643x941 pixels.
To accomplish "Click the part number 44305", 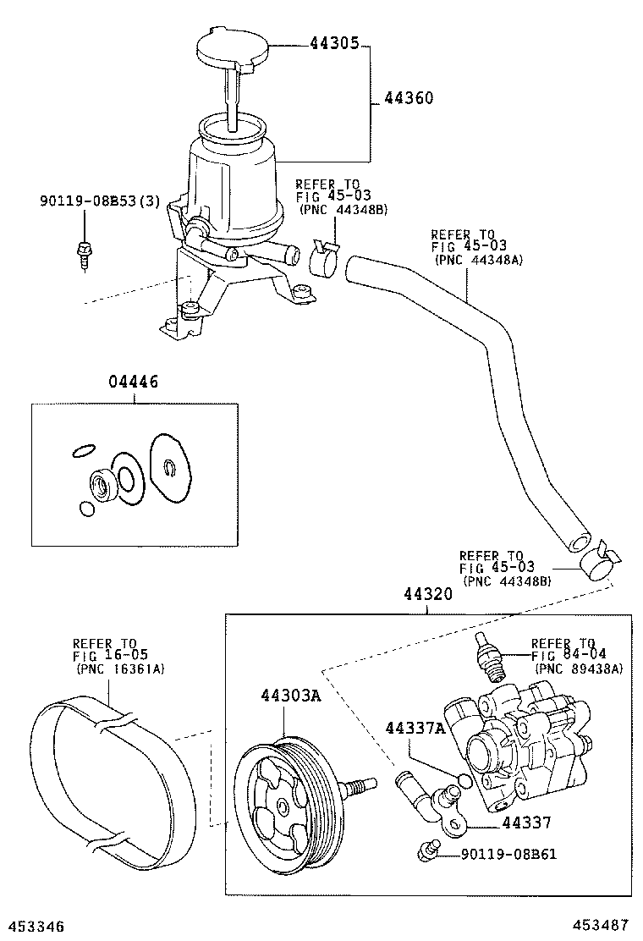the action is [x=335, y=43].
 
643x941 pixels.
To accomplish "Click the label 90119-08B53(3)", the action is [x=100, y=201].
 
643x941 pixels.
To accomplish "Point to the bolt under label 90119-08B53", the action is [x=85, y=250].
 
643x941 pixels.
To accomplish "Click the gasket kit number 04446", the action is [x=134, y=382].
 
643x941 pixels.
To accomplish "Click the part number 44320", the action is [x=427, y=594].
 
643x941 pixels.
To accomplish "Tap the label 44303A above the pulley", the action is [x=291, y=696].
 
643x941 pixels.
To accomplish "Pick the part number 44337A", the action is [x=415, y=728].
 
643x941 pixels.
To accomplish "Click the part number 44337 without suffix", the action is [x=526, y=823].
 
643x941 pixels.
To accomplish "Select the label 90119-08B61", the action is [x=508, y=853].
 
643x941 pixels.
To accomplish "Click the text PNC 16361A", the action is [x=120, y=669].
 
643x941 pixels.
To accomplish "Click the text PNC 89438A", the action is [x=578, y=669].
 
